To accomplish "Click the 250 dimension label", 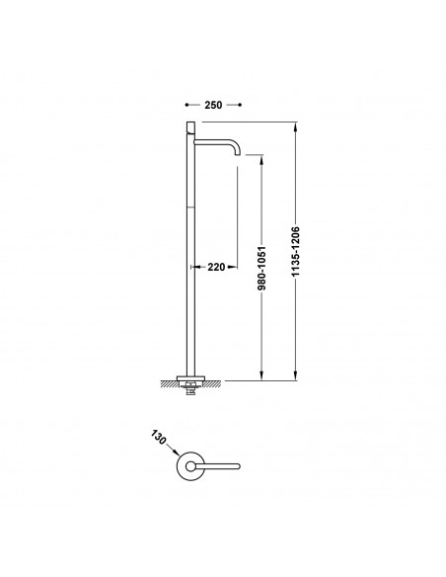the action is point(213,105).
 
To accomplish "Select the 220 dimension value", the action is point(216,267).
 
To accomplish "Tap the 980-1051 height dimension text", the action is point(261,268).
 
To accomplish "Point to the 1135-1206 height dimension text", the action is point(296,251).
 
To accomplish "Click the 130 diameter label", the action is point(159,437).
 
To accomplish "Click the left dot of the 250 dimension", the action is point(186,105).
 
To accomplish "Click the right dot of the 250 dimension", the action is point(240,105).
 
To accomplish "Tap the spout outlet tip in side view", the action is point(238,154).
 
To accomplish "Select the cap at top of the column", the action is point(191,127).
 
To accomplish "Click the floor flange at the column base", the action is point(190,378).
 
